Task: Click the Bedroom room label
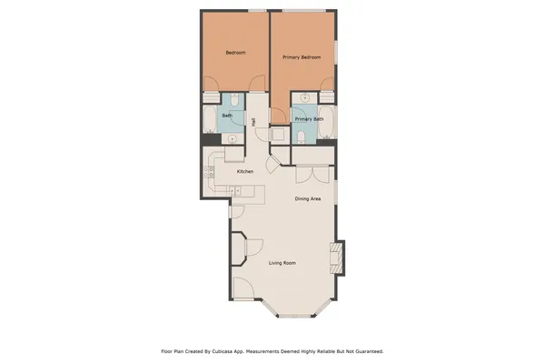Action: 235,53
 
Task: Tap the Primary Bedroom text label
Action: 302,57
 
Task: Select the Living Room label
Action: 282,264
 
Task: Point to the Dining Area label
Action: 308,198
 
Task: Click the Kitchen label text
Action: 244,171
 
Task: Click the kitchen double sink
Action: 236,190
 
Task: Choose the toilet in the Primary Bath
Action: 301,136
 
